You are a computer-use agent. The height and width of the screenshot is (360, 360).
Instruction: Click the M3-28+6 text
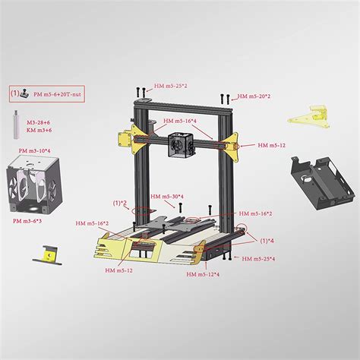coord(40,122)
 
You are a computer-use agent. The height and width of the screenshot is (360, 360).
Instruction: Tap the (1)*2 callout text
coord(120,203)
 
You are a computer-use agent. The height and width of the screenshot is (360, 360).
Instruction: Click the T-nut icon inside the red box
coord(25,94)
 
